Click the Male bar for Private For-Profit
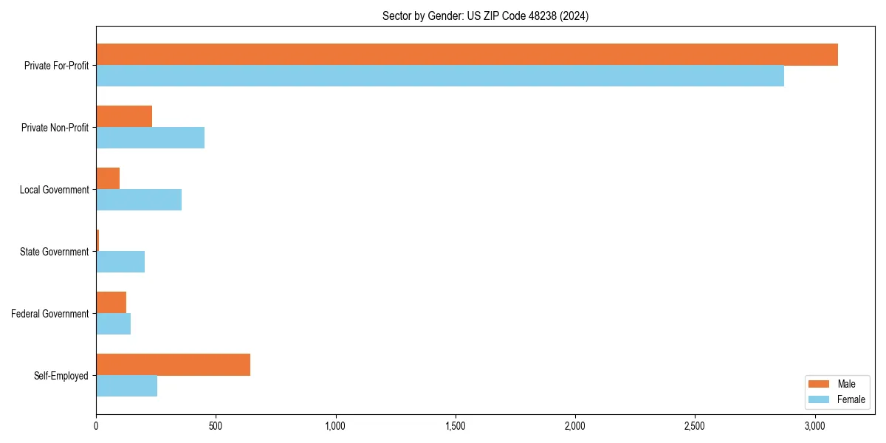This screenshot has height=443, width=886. pyautogui.click(x=467, y=55)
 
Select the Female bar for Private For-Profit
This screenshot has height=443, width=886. pyautogui.click(x=440, y=75)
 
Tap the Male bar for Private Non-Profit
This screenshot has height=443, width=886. pyautogui.click(x=124, y=117)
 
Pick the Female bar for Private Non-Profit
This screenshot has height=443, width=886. pyautogui.click(x=150, y=137)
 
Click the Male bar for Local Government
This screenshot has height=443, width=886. pyautogui.click(x=108, y=179)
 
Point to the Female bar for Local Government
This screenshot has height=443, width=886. pyautogui.click(x=139, y=199)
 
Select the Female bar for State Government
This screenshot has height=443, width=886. pyautogui.click(x=120, y=261)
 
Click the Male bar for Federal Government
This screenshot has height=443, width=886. pyautogui.click(x=111, y=303)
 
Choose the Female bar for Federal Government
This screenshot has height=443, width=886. pyautogui.click(x=113, y=323)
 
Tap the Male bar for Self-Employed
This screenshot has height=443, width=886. pyautogui.click(x=173, y=365)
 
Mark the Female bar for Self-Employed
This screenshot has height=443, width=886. pyautogui.click(x=126, y=385)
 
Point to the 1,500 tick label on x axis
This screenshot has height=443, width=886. pyautogui.click(x=455, y=426)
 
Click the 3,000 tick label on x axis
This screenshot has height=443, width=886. pyautogui.click(x=814, y=426)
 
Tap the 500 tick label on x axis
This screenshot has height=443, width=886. pyautogui.click(x=216, y=426)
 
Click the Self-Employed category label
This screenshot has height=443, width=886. pyautogui.click(x=61, y=376)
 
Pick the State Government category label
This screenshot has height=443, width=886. pyautogui.click(x=54, y=252)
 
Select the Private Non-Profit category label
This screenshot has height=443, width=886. pyautogui.click(x=55, y=128)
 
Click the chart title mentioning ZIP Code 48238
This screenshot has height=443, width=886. pyautogui.click(x=485, y=16)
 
